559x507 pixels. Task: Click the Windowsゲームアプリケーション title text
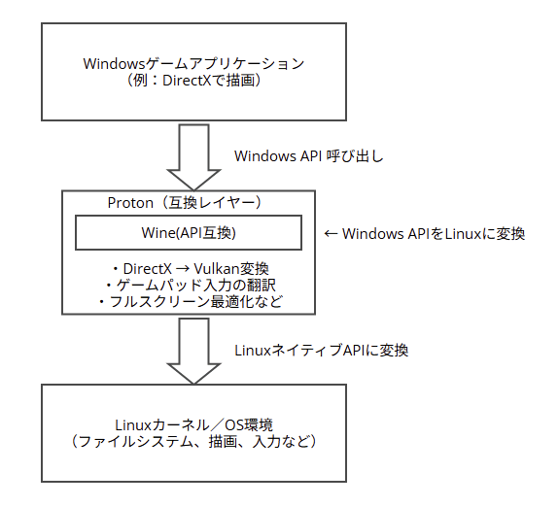(193, 64)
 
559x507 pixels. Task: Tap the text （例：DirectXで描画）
(193, 81)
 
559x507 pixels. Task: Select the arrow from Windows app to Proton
(193, 157)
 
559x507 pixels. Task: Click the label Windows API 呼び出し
(309, 156)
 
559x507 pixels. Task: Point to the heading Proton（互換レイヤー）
(186, 203)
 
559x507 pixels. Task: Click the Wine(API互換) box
(189, 232)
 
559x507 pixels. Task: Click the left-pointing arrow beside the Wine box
(331, 234)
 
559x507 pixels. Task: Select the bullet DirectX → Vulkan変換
(191, 269)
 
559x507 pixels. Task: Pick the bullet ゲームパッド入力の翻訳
(191, 285)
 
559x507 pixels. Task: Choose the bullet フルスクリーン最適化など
(191, 301)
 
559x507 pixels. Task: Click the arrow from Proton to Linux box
(193, 351)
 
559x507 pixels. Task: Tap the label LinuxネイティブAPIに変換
(321, 351)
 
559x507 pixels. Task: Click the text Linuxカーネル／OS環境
(193, 425)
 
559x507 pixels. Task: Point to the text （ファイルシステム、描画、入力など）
(193, 442)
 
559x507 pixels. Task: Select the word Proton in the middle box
(130, 203)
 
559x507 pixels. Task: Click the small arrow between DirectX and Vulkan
(183, 269)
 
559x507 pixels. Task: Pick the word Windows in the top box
(114, 64)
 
